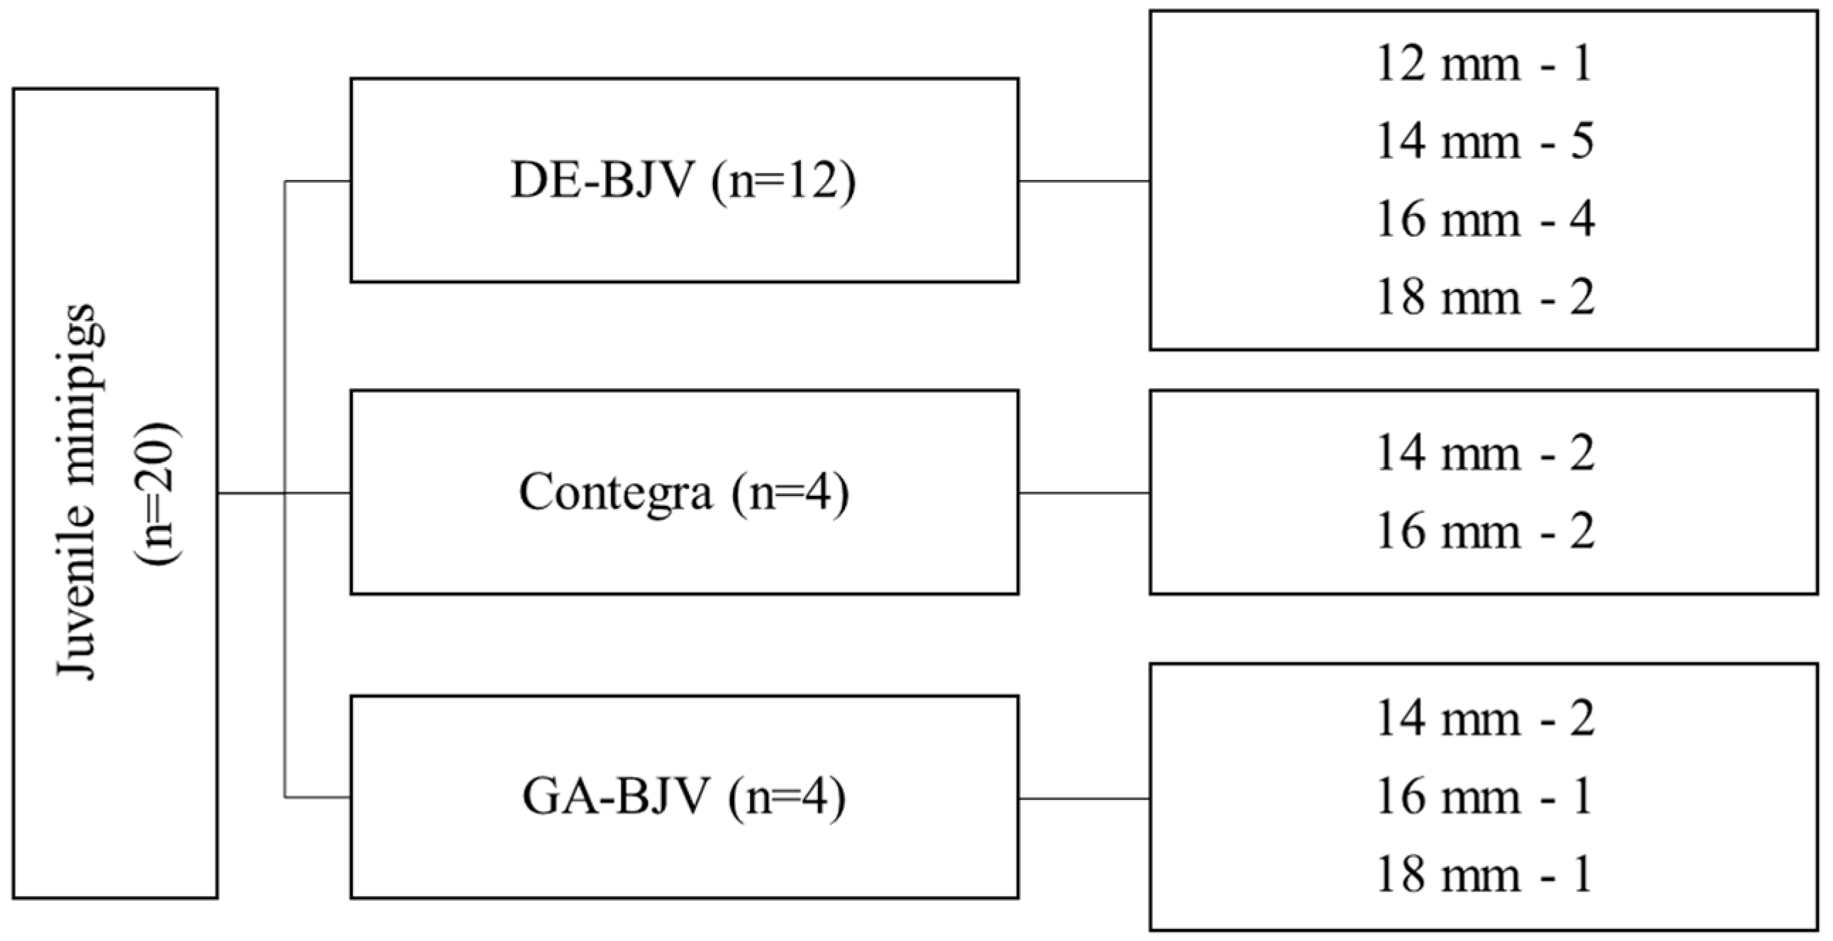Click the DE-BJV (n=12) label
(683, 181)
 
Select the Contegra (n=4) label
(683, 492)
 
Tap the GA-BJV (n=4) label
(683, 797)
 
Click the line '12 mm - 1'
(1484, 64)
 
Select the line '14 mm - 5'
(1484, 142)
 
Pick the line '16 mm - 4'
(1484, 219)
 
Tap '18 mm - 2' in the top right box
(1484, 297)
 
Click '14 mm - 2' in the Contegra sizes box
(1484, 453)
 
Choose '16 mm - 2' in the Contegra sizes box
(1484, 531)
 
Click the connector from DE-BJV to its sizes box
(1084, 181)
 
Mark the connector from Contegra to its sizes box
(1084, 492)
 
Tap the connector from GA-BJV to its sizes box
(1084, 798)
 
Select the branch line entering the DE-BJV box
(318, 181)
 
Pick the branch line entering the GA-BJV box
(318, 797)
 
